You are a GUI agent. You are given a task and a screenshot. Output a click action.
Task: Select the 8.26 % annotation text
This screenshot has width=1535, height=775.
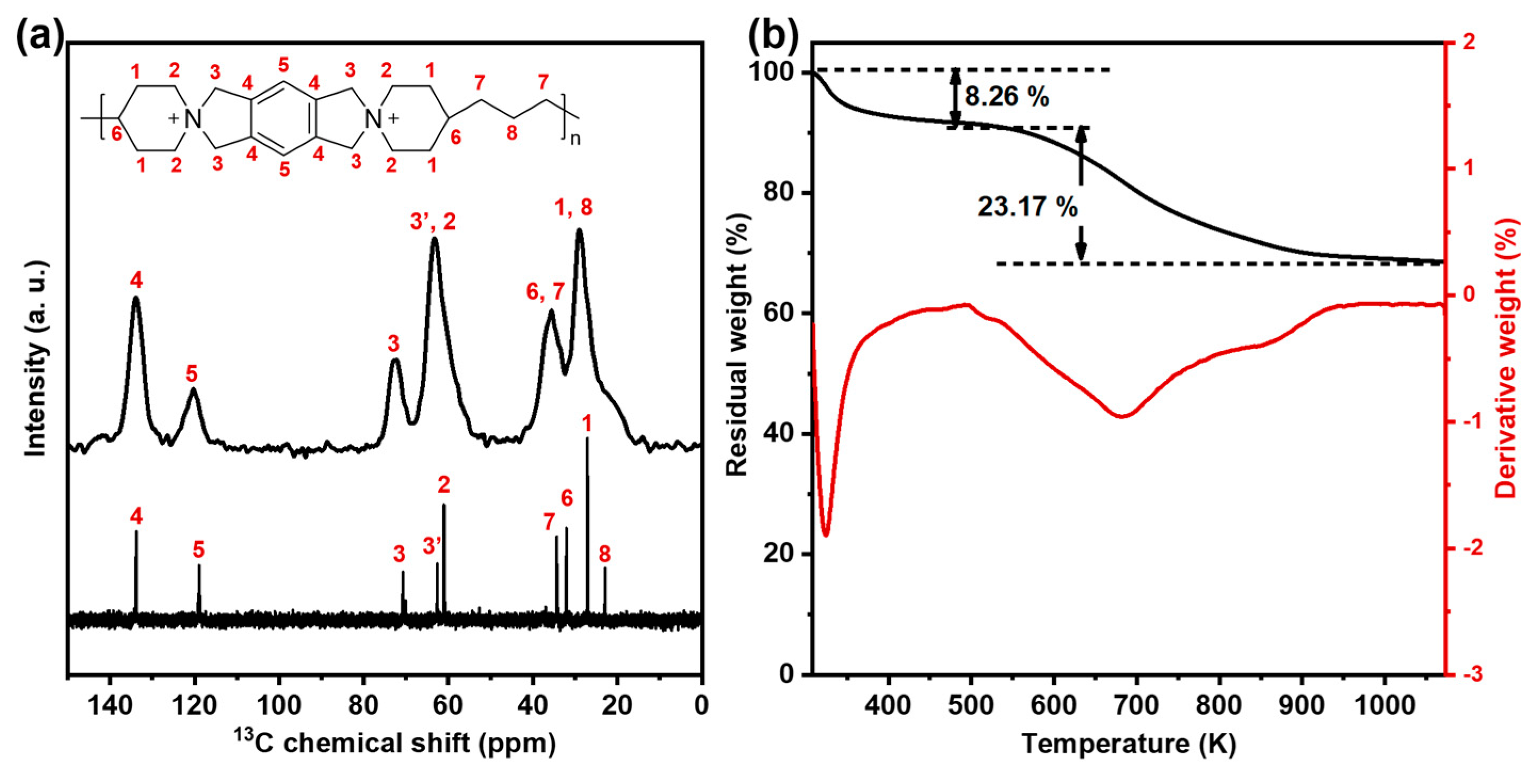point(1006,96)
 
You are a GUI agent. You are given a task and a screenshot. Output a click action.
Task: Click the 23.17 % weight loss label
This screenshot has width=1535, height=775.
point(1027,207)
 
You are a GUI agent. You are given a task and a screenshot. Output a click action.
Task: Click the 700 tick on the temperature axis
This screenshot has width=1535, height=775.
point(1136,705)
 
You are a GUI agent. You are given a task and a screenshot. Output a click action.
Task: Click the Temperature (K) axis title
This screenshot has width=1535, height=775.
point(1128,744)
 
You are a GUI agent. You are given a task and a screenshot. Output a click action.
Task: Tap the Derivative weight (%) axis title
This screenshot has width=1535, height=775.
point(1505,357)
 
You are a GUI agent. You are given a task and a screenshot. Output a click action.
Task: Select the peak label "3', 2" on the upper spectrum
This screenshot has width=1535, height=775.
point(433,222)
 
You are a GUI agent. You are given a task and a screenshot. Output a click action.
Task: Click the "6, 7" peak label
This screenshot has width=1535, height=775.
point(545,292)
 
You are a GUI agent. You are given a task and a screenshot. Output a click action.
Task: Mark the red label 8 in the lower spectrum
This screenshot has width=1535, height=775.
point(605,554)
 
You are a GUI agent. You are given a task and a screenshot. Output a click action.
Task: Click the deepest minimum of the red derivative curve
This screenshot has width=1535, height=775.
point(825,535)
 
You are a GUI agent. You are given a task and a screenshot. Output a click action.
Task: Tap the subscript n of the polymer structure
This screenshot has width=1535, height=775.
point(575,140)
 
